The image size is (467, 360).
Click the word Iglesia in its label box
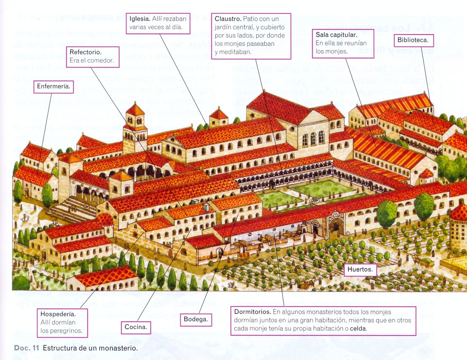[139, 19]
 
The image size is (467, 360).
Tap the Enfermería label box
[53, 86]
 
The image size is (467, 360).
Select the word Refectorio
[85, 52]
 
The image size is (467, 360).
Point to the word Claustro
[228, 19]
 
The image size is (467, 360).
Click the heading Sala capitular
[336, 35]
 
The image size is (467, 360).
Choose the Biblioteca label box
[413, 40]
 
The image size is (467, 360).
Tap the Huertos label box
[360, 270]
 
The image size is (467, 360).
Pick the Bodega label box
[196, 319]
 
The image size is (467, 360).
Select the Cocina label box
[136, 327]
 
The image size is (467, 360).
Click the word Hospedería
[58, 314]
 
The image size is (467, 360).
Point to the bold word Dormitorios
[252, 312]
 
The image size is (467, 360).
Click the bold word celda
[358, 328]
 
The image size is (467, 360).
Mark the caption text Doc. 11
[26, 348]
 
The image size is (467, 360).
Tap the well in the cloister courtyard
[314, 201]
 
